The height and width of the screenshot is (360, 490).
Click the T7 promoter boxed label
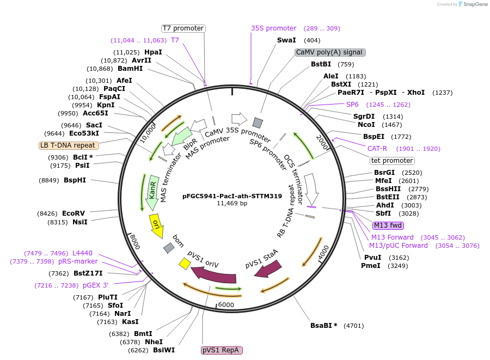(183, 28)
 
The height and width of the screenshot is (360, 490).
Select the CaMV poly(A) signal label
(329, 52)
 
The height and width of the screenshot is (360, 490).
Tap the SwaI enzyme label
(286, 40)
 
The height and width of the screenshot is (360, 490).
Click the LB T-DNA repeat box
(69, 145)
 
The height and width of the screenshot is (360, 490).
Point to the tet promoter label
(392, 161)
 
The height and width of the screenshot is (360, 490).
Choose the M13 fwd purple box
(388, 225)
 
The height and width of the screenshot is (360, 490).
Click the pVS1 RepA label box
(221, 350)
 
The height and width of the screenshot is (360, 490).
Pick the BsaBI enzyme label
(324, 326)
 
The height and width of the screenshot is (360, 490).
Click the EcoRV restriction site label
(73, 213)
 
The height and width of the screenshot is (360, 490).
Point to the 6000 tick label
(225, 305)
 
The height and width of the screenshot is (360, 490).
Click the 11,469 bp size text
(232, 203)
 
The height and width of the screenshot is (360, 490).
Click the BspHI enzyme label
(75, 180)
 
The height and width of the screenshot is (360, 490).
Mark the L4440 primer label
(82, 253)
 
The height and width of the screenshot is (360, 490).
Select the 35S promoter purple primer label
(273, 28)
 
